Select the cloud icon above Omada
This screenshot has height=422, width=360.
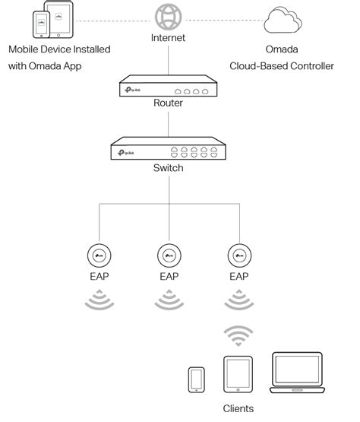[282, 21]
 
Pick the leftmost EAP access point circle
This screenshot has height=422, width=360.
[98, 255]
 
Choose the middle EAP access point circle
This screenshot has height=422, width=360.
[169, 255]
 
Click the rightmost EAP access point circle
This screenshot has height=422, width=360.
[239, 255]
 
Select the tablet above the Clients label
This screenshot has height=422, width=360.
[238, 373]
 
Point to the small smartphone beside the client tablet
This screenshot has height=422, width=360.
[197, 379]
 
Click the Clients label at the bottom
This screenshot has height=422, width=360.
[238, 408]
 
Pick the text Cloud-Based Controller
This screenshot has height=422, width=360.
[282, 66]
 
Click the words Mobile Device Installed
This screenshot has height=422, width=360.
[59, 49]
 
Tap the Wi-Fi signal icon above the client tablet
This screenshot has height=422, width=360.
[239, 335]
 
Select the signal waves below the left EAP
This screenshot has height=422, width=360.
[98, 301]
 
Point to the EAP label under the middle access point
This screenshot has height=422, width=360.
[169, 276]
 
